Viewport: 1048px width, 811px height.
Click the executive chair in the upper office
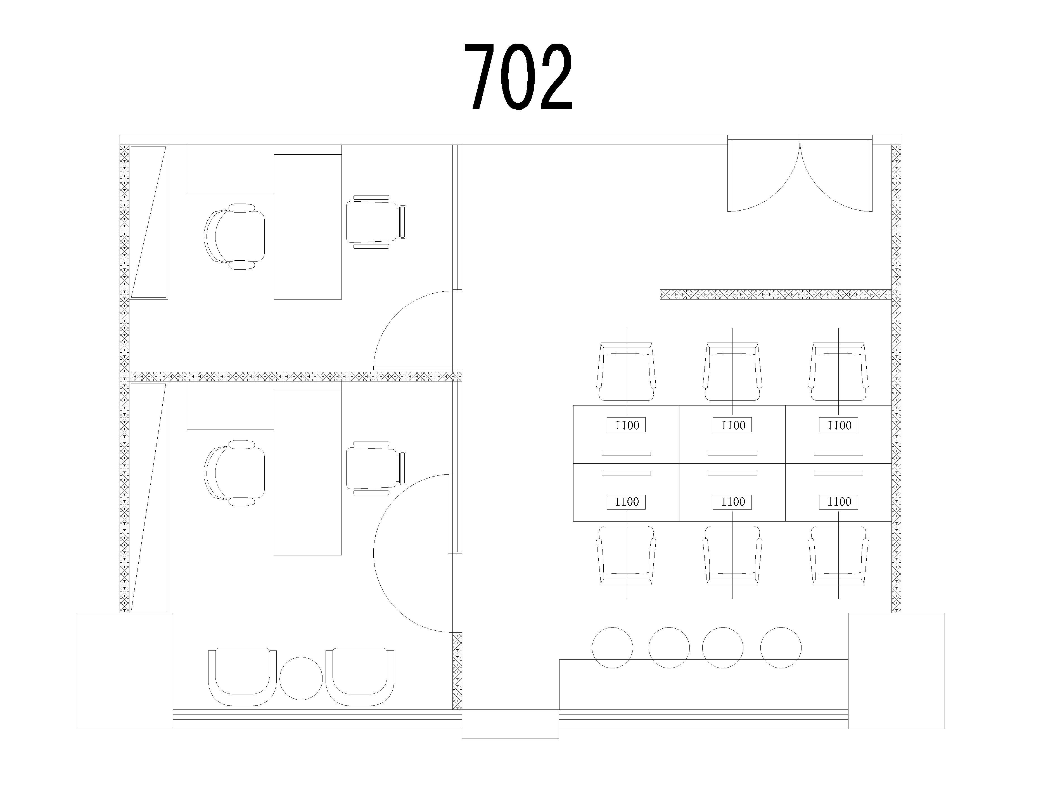[x=234, y=236]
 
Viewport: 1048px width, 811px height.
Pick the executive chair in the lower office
[x=234, y=473]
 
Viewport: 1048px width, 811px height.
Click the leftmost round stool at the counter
[x=612, y=648]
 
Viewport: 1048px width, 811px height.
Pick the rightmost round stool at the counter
[x=781, y=648]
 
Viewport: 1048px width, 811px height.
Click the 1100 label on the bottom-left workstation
[x=626, y=502]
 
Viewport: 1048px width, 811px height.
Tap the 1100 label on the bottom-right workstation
[x=839, y=502]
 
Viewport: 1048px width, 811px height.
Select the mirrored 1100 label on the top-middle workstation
[x=733, y=425]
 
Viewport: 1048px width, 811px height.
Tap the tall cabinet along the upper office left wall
[x=149, y=222]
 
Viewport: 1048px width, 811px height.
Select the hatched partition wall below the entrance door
[x=776, y=294]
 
